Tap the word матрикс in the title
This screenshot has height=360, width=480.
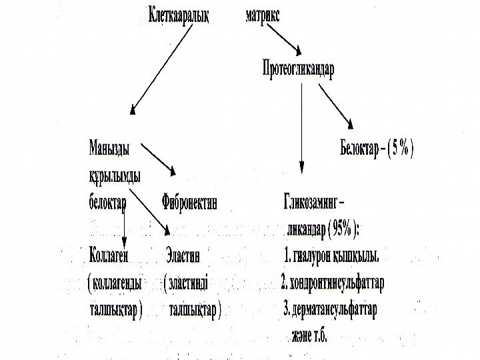(x=263, y=17)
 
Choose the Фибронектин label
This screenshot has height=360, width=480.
(x=189, y=201)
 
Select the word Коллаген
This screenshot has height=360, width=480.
(x=109, y=255)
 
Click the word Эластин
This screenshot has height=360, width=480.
(x=187, y=255)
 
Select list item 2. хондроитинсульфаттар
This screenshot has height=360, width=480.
(x=333, y=283)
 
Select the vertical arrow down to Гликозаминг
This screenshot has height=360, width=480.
(x=303, y=127)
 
